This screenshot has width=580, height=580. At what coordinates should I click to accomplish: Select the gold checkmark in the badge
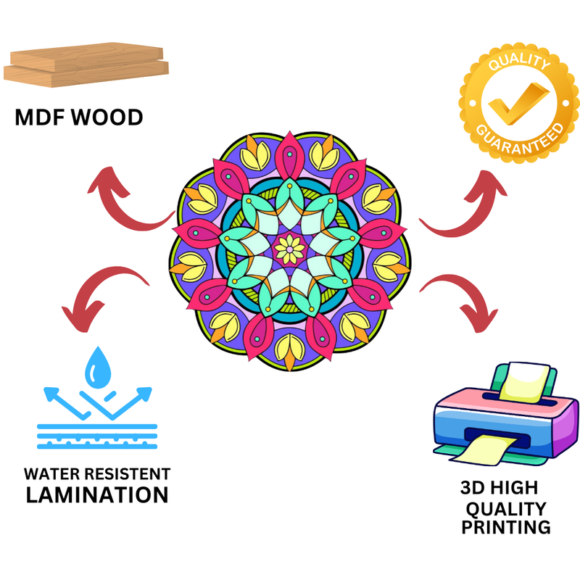coord(518,101)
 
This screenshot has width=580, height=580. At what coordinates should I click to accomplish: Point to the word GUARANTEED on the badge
coord(521,138)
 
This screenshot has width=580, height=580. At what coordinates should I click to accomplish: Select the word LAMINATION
coord(97,495)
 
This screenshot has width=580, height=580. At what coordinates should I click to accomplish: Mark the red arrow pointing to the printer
coord(465,297)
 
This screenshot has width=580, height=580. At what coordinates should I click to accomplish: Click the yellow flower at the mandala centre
coord(290,249)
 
